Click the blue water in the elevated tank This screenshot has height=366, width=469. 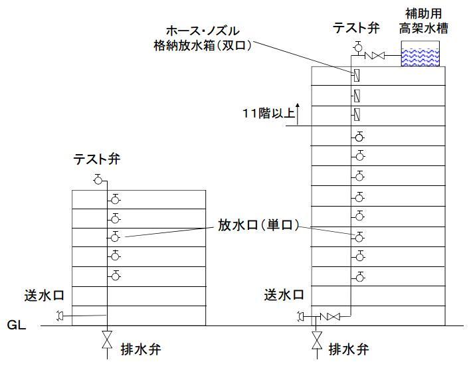pyautogui.click(x=421, y=57)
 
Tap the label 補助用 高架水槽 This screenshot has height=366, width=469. pyautogui.click(x=424, y=21)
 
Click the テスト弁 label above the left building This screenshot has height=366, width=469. pyautogui.click(x=96, y=159)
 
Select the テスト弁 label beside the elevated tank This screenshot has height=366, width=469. pyautogui.click(x=356, y=28)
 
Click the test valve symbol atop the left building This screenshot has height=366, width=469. pyautogui.click(x=98, y=179)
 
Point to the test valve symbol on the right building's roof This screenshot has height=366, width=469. pyautogui.click(x=357, y=47)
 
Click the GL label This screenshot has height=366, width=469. pyautogui.click(x=17, y=325)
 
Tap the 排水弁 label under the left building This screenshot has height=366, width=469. pyautogui.click(x=141, y=349)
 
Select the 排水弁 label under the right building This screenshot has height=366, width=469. pyautogui.click(x=349, y=349)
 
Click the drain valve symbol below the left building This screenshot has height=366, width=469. pyautogui.click(x=107, y=339)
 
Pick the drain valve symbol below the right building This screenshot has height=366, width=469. pyautogui.click(x=317, y=340)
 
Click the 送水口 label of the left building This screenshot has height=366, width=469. pyautogui.click(x=45, y=295)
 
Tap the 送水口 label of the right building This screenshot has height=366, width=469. pyautogui.click(x=284, y=294)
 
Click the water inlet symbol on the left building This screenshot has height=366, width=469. pyautogui.click(x=60, y=316)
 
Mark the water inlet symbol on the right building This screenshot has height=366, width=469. pyautogui.click(x=300, y=316)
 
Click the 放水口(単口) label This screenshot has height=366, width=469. pyautogui.click(x=258, y=225)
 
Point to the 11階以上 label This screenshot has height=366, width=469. pyautogui.click(x=268, y=114)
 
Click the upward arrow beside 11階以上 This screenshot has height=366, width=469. pyautogui.click(x=298, y=114)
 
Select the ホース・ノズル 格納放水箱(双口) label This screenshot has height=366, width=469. pyautogui.click(x=203, y=39)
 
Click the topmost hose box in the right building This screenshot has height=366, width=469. pyautogui.click(x=357, y=75)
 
